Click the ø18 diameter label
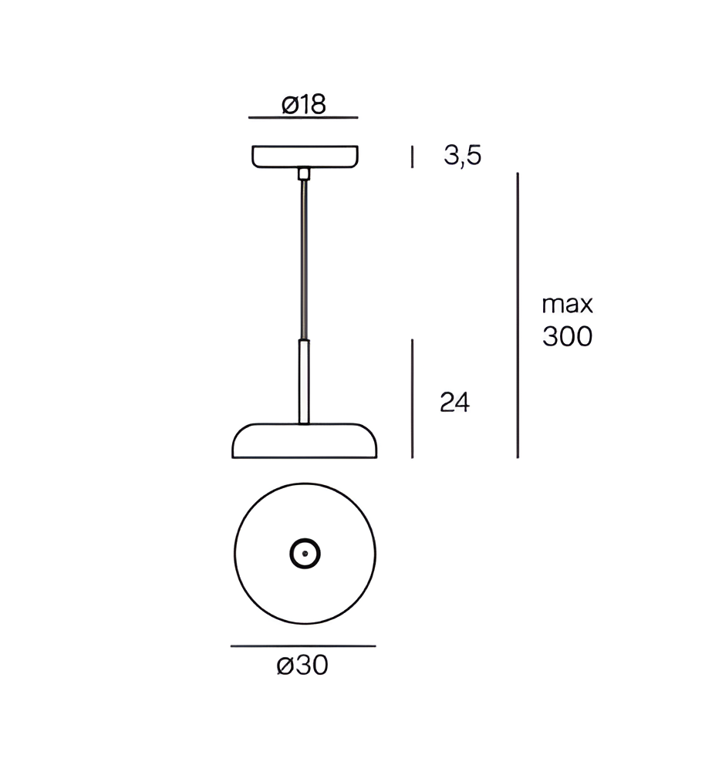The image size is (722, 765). coord(304,104)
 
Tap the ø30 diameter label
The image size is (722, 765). coord(302,665)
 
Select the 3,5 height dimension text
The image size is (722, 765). coord(462,156)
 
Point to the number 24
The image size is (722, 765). coord(454,403)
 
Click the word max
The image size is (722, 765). coord(567,305)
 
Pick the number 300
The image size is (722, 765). coord(567,337)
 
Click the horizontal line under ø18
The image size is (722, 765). coord(303,117)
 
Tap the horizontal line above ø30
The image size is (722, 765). coord(303,646)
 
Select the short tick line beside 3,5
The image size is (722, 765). coord(413,157)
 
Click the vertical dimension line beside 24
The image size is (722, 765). coord(413,399)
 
